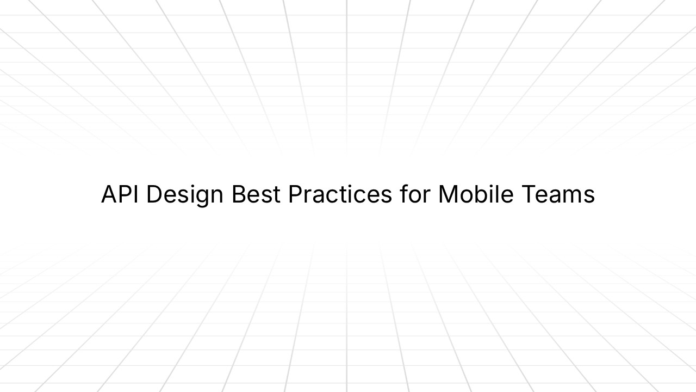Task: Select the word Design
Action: coord(185,195)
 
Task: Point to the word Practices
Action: coord(340,195)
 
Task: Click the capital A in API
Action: coord(110,195)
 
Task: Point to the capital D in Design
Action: coord(154,195)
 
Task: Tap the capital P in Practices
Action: coord(296,195)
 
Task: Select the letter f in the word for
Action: coord(403,195)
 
